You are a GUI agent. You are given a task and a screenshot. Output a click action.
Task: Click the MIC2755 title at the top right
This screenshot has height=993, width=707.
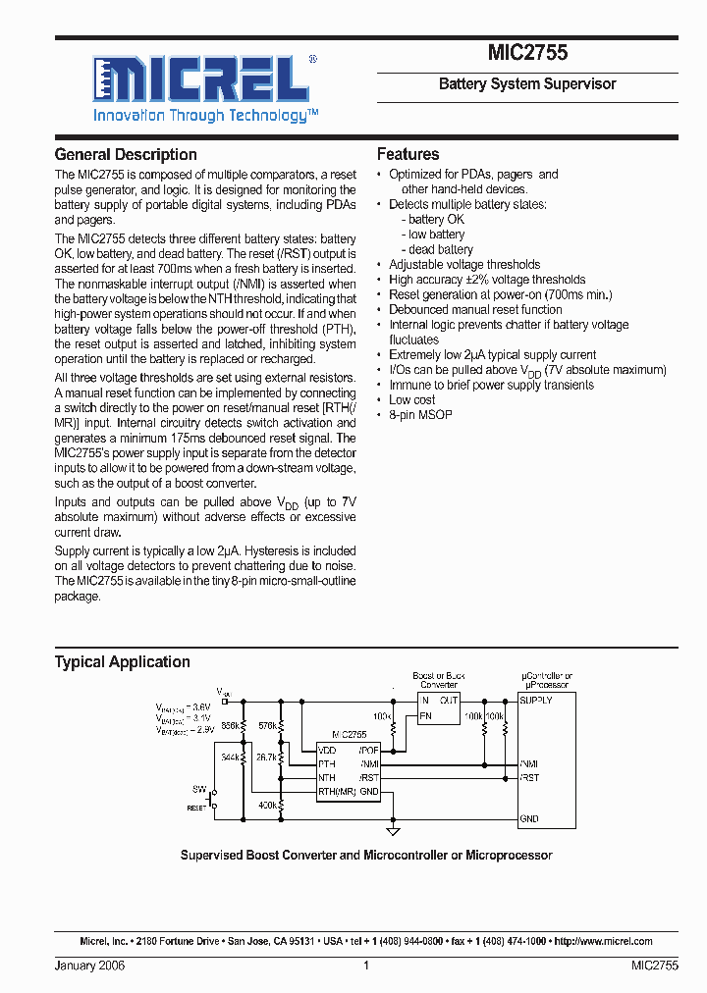pyautogui.click(x=527, y=54)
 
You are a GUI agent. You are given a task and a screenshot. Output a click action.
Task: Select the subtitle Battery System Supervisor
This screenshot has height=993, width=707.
pyautogui.click(x=527, y=84)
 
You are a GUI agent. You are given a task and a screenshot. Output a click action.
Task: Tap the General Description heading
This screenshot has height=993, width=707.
pyautogui.click(x=126, y=155)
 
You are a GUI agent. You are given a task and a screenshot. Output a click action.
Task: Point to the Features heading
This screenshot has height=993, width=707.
pyautogui.click(x=408, y=155)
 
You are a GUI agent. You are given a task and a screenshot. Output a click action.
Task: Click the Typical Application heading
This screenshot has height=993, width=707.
pyautogui.click(x=123, y=662)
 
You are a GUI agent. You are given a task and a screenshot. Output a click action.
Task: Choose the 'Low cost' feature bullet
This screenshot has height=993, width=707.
pyautogui.click(x=411, y=400)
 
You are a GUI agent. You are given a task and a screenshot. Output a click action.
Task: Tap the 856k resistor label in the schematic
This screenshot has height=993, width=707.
pyautogui.click(x=231, y=725)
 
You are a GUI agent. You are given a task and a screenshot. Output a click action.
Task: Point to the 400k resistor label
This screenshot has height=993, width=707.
pyautogui.click(x=268, y=805)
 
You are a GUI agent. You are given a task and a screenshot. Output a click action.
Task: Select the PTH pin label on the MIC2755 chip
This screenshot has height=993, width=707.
pyautogui.click(x=327, y=762)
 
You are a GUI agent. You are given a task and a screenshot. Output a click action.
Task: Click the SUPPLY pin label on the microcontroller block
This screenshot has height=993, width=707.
pyautogui.click(x=537, y=701)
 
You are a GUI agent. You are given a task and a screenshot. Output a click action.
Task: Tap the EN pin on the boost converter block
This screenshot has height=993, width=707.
pyautogui.click(x=425, y=716)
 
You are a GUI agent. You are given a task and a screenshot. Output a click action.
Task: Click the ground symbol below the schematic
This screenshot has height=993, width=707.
pyautogui.click(x=393, y=831)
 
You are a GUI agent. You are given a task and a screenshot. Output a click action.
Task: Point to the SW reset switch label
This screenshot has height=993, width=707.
pyautogui.click(x=199, y=789)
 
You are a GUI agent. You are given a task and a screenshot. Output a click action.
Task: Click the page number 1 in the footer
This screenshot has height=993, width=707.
pyautogui.click(x=365, y=966)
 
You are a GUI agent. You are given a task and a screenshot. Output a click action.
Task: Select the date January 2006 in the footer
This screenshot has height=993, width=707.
pyautogui.click(x=89, y=966)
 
